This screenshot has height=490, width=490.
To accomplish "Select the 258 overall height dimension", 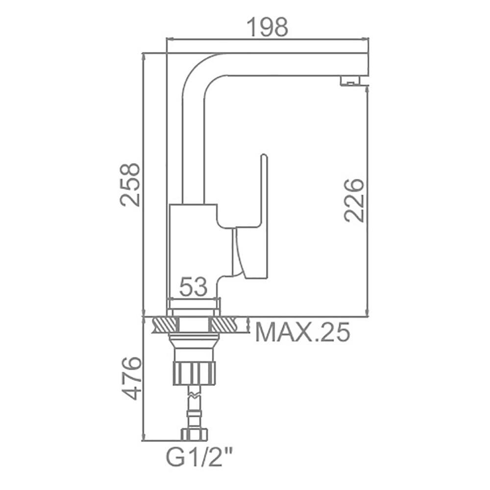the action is click(130, 184).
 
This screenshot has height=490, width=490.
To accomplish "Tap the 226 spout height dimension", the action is click(354, 200).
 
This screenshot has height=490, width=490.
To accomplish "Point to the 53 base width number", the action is click(194, 287).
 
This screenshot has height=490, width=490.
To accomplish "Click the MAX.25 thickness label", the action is click(302, 332).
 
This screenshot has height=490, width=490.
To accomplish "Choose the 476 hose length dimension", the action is click(131, 378).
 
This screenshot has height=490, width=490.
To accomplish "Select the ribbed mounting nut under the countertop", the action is click(194, 372).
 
